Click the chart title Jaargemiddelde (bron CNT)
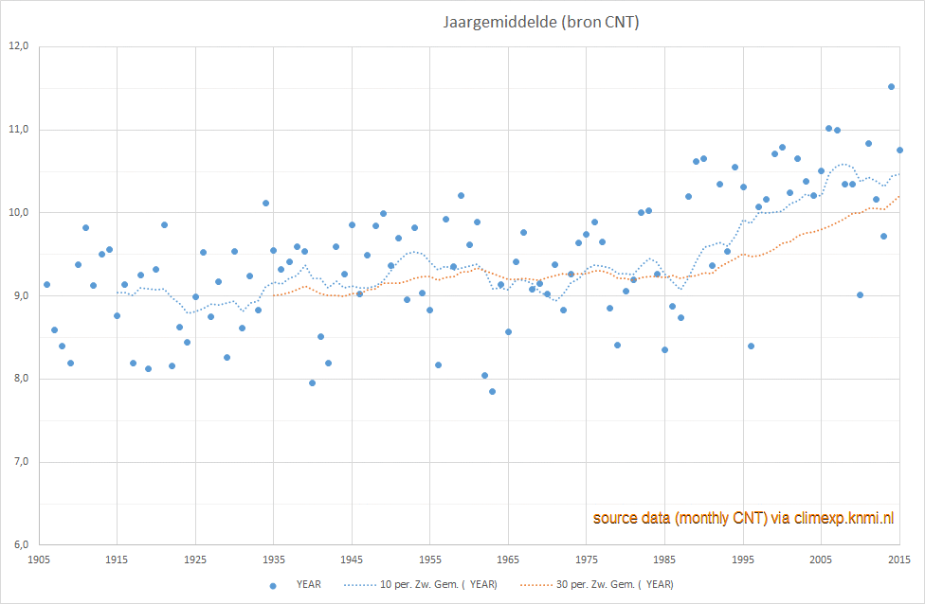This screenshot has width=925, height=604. (541, 23)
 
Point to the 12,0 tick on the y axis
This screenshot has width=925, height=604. (19, 46)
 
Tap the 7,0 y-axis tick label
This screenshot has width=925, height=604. (19, 461)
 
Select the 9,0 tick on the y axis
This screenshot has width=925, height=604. (19, 295)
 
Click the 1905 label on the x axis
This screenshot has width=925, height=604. (39, 560)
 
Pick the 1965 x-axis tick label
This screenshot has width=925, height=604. (508, 560)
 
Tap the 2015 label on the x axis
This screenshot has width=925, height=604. (899, 560)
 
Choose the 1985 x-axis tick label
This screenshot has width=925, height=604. (664, 560)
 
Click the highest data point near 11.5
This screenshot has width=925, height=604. (892, 86)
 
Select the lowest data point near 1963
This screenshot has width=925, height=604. (492, 391)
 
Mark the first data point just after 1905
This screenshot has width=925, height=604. (46, 285)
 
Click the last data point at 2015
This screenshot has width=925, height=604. (899, 151)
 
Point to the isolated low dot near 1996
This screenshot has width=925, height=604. (751, 346)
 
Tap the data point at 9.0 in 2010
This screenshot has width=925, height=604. (861, 294)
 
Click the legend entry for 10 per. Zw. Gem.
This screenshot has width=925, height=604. (421, 584)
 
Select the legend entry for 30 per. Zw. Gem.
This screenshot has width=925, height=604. (597, 584)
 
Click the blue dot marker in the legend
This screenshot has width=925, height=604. (273, 586)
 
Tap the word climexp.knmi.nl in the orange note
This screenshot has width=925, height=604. (843, 518)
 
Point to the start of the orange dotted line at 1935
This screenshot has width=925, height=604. (274, 295)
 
